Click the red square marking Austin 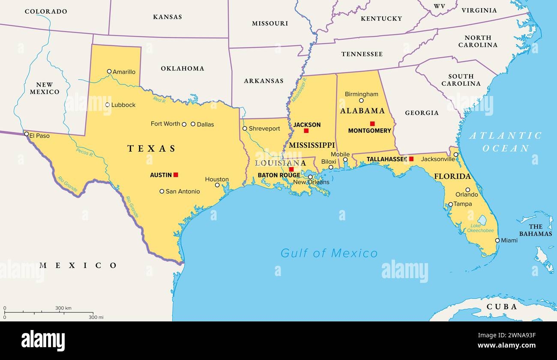tap(176, 175)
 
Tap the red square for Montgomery tap(372, 123)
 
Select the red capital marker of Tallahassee tap(411, 159)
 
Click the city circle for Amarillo tap(109, 72)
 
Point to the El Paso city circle tap(27, 134)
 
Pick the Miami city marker tap(497, 240)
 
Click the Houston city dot tap(217, 185)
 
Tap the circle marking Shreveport tap(245, 129)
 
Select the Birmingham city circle tap(361, 101)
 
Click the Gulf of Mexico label tap(329, 253)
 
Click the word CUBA tap(502, 307)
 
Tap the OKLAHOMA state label tap(183, 69)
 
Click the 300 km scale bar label tap(63, 308)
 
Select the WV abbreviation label tap(440, 6)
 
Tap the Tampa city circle tap(450, 204)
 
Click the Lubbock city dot tap(108, 105)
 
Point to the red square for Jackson tap(306, 131)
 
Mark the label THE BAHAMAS tap(536, 230)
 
